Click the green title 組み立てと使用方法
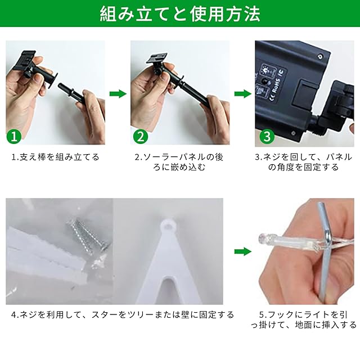pyautogui.click(x=180, y=14)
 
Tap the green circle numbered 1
pyautogui.click(x=14, y=136)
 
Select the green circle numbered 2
pyautogui.click(x=141, y=136)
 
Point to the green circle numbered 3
pyautogui.click(x=267, y=136)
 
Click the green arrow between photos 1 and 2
pyautogui.click(x=118, y=94)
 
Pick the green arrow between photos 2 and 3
pyautogui.click(x=243, y=94)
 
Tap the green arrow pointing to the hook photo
pyautogui.click(x=243, y=251)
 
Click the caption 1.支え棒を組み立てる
pyautogui.click(x=55, y=157)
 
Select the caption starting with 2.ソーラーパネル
pyautogui.click(x=179, y=162)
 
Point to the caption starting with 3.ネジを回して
pyautogui.click(x=304, y=162)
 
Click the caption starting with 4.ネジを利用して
pyautogui.click(x=123, y=314)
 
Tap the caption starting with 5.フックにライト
pyautogui.click(x=304, y=319)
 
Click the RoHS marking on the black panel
pyautogui.click(x=276, y=86)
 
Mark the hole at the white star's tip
pyautogui.click(x=169, y=226)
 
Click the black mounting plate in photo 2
pyautogui.click(x=156, y=59)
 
